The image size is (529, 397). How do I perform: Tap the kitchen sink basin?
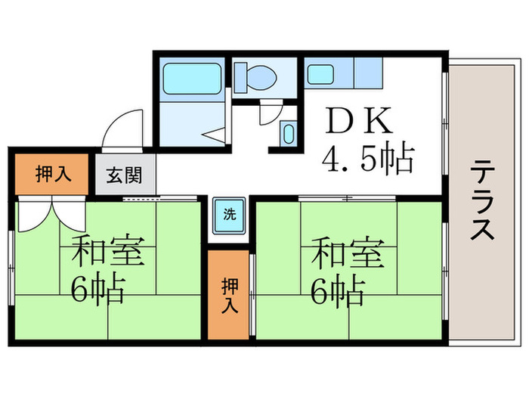pyautogui.click(x=320, y=75)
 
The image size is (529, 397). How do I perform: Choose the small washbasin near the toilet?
pyautogui.click(x=288, y=134)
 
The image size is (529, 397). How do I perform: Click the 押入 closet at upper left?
pyautogui.click(x=53, y=173)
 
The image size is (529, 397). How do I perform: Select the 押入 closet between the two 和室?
pyautogui.click(x=229, y=295)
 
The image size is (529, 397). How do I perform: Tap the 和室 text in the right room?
pyautogui.click(x=346, y=253)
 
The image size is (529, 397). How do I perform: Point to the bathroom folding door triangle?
pyautogui.click(x=214, y=135)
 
